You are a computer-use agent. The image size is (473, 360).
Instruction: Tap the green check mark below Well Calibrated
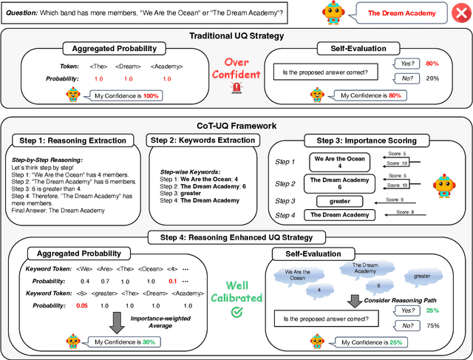click(236, 313)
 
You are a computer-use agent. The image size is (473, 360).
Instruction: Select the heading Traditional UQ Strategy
click(237, 35)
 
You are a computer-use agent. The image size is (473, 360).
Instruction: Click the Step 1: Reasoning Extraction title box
click(74, 140)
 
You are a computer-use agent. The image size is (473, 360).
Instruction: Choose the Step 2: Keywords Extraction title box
click(199, 140)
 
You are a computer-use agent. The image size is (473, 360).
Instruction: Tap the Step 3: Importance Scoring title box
click(371, 140)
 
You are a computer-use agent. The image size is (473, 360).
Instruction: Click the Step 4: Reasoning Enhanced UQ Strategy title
click(236, 237)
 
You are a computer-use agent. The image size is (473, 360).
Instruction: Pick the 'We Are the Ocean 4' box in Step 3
click(339, 162)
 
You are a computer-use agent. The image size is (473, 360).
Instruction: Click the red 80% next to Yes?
click(432, 63)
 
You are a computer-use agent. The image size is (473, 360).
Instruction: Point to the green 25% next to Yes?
click(432, 310)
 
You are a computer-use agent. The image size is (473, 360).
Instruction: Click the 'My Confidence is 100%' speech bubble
click(125, 95)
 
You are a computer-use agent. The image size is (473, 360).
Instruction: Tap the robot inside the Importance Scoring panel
click(444, 185)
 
